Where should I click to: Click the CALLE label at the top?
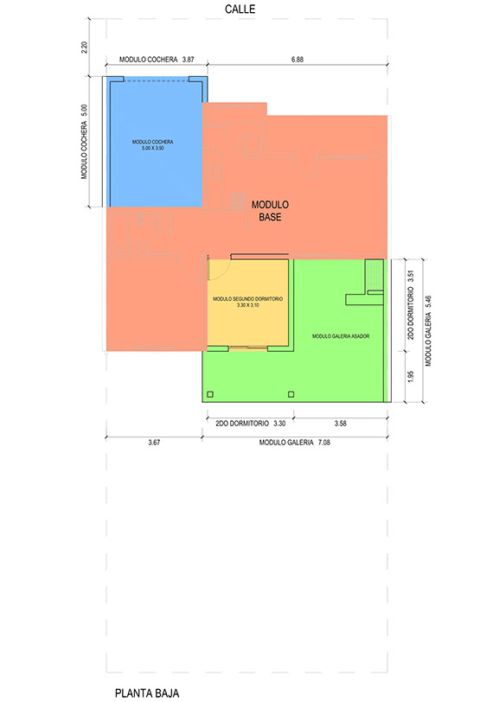pos(240,9)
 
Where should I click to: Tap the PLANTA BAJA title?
pos(147,693)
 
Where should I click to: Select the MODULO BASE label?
pos(270,211)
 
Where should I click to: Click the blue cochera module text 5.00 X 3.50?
pos(153,148)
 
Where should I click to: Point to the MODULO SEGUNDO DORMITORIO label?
pos(247,298)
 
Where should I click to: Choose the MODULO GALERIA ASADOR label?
pos(341,335)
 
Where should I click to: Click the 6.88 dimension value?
pos(298,59)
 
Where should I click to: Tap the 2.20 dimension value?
pos(84,48)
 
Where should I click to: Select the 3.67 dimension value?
pos(154,443)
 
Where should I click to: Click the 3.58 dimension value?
pos(340,423)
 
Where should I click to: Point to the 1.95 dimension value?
pos(411,377)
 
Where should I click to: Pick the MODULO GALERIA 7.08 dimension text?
pos(295,443)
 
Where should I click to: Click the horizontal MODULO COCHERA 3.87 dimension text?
pos(157,59)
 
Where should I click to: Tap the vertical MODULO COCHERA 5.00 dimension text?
pos(84,142)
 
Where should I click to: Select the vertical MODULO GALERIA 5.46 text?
pos(428,331)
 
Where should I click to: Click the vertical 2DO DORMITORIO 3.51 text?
pos(411,304)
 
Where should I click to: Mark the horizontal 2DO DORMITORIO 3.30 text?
pos(250,423)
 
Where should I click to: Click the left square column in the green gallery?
pos(210,394)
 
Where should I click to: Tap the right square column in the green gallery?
pos(291,394)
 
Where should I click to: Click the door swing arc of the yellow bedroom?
pos(224,274)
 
